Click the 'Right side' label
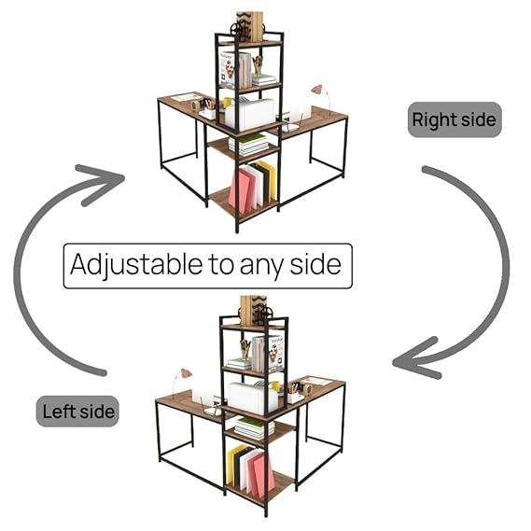(454, 119)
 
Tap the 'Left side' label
(77, 412)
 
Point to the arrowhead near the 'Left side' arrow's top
(102, 184)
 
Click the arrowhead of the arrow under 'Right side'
(417, 359)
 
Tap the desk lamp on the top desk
(321, 96)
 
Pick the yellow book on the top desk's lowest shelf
(267, 179)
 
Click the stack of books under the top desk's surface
(248, 144)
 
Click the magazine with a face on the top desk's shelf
(229, 69)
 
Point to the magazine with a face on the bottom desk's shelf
(276, 352)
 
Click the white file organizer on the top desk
(251, 115)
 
